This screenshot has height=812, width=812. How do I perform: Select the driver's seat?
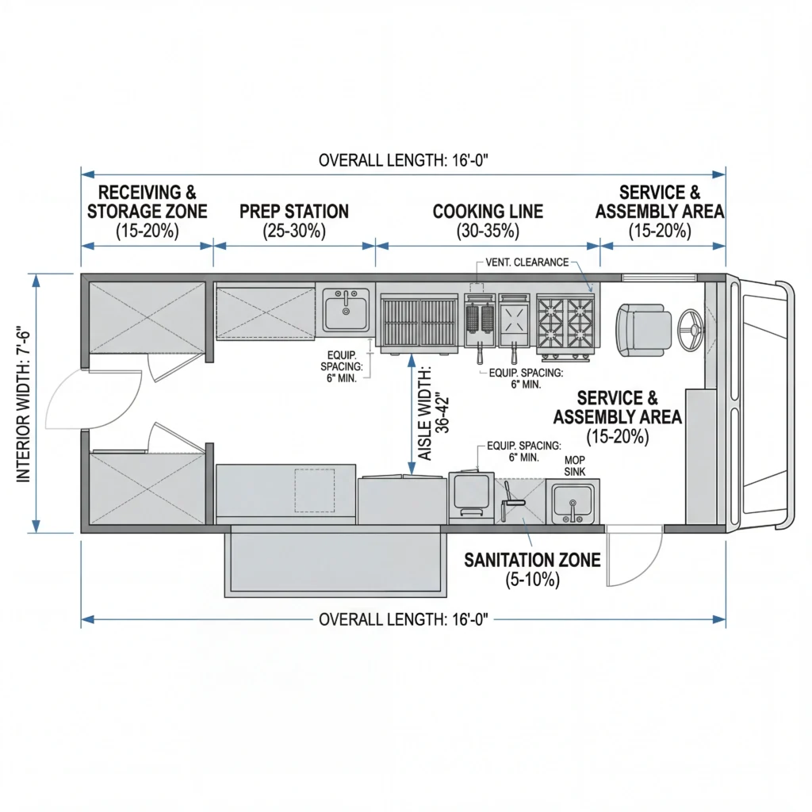(x=645, y=328)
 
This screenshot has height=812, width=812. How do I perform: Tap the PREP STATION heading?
(x=294, y=212)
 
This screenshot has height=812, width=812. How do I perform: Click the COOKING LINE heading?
(x=488, y=212)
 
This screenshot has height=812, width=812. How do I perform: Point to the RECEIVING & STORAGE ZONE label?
(x=147, y=202)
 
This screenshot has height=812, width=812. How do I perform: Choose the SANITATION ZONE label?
(x=532, y=561)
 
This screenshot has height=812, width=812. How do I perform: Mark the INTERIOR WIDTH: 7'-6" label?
(x=23, y=404)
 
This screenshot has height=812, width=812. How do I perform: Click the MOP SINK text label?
(x=574, y=465)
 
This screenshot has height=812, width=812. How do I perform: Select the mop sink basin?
(x=573, y=502)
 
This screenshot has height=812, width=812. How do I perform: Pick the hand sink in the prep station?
(x=346, y=309)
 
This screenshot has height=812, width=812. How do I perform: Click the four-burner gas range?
(x=566, y=323)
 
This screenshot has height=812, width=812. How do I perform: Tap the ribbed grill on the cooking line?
(x=419, y=322)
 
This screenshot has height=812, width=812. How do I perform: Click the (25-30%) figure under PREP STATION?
(x=294, y=232)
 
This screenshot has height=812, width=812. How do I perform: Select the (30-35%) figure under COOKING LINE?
(x=488, y=232)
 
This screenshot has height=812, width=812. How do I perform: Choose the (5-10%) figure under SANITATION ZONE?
(x=532, y=580)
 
